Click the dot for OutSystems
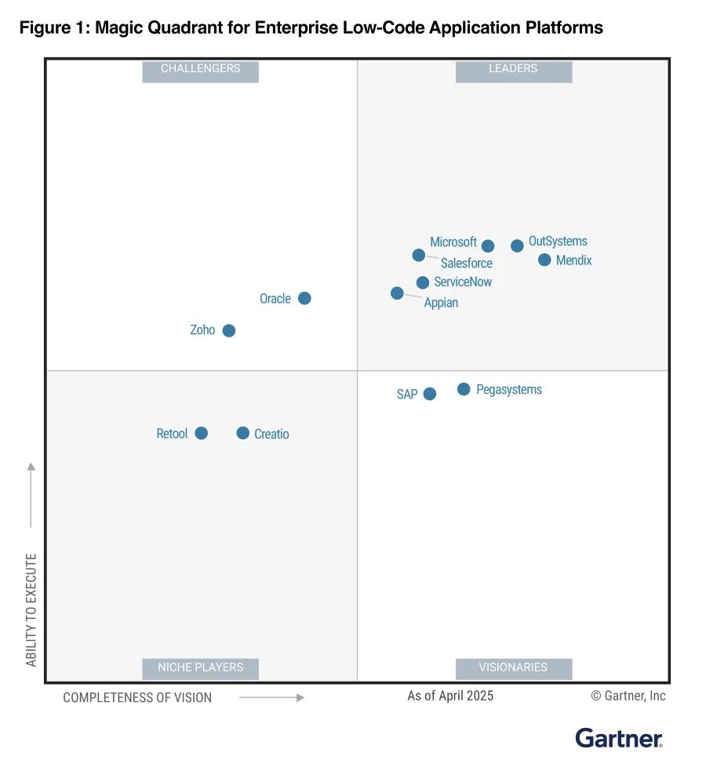517,245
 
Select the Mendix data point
544,260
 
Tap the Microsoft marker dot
488,245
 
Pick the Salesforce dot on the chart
419,255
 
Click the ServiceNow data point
423,282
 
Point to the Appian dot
397,293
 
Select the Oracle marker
304,298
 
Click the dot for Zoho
228,330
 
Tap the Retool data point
201,433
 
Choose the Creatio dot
243,433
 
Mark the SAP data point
430,394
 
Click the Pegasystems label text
509,390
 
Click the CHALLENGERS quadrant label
200,69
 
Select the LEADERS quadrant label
513,69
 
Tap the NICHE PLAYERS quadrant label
200,667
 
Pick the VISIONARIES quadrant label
513,667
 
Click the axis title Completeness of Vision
137,697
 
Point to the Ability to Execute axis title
31,609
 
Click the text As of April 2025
450,696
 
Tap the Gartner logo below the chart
619,738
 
